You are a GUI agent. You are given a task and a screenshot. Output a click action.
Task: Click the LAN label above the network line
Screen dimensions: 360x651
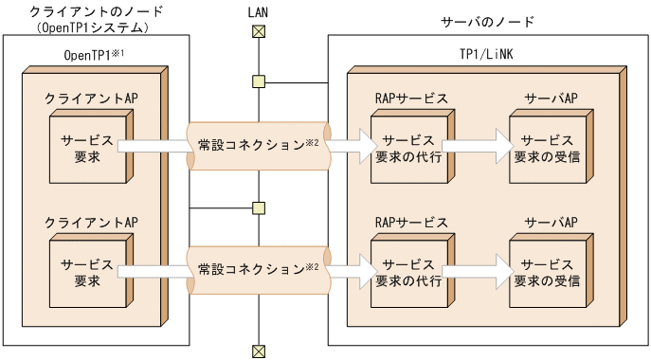coord(258,12)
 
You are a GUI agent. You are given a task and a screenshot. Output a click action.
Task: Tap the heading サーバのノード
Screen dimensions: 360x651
coord(489,21)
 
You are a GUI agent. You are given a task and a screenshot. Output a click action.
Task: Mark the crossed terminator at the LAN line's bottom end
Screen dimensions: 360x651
coord(258,351)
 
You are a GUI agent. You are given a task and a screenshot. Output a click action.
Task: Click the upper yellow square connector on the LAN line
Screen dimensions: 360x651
coord(259,81)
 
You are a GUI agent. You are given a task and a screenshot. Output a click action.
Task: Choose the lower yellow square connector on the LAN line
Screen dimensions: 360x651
coord(259,207)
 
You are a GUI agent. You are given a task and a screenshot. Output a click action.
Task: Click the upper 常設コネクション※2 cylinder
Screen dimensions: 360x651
coord(258,146)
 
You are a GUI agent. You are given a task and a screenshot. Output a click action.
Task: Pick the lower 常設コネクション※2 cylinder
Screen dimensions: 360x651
coord(258,269)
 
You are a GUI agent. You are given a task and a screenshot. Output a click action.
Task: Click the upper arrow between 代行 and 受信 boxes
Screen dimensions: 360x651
coord(477,145)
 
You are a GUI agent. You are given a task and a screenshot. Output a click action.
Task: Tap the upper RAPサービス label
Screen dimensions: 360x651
coord(410,99)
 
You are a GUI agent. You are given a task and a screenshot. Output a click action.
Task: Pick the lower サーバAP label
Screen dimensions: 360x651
coord(551,223)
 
